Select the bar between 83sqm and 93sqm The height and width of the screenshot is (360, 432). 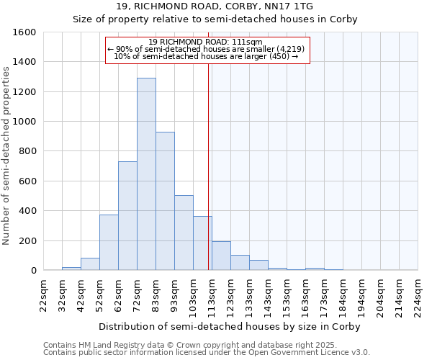[x=165, y=201]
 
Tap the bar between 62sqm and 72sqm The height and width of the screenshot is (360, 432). [x=127, y=216]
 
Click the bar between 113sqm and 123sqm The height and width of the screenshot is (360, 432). [x=221, y=256]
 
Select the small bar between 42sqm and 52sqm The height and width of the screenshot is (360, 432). [x=90, y=264]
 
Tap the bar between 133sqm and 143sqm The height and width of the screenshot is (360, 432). [x=258, y=265]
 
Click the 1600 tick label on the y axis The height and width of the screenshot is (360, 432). [x=24, y=32]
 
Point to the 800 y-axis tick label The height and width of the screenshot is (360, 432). [x=27, y=151]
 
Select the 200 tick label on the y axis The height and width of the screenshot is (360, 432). [x=27, y=240]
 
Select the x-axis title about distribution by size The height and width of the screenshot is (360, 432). [x=229, y=326]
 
